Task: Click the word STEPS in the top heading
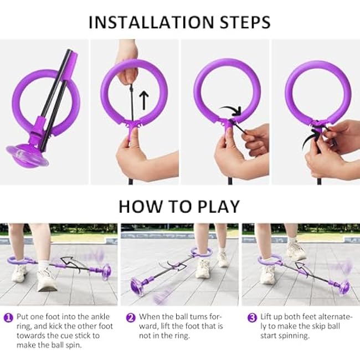click(x=245, y=22)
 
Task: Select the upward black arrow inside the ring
click(x=144, y=100)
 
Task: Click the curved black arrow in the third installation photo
click(x=232, y=110)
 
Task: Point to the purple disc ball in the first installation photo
click(x=28, y=155)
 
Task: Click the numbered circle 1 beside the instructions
click(x=8, y=318)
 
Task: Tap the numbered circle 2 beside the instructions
click(x=131, y=318)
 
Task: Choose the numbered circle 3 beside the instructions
click(x=252, y=318)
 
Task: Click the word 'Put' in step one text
click(x=23, y=317)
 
